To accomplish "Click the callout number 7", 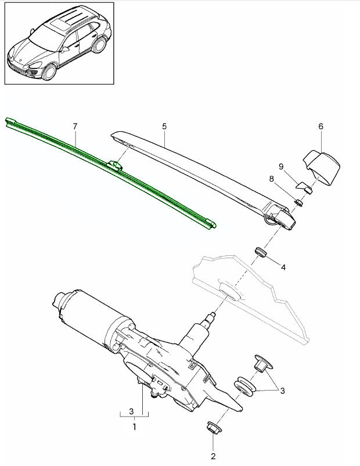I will (75, 126).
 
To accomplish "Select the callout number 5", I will (164, 126).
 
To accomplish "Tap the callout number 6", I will (321, 126).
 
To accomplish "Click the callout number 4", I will (283, 268).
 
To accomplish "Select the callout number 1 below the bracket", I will (134, 427).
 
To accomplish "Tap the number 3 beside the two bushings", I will (282, 391).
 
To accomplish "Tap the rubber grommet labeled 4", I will (260, 252).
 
